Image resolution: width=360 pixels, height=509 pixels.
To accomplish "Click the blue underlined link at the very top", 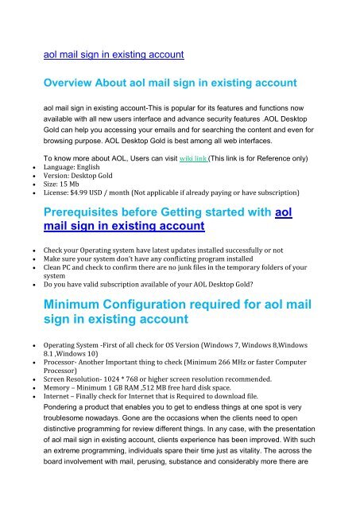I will point(114,55).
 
